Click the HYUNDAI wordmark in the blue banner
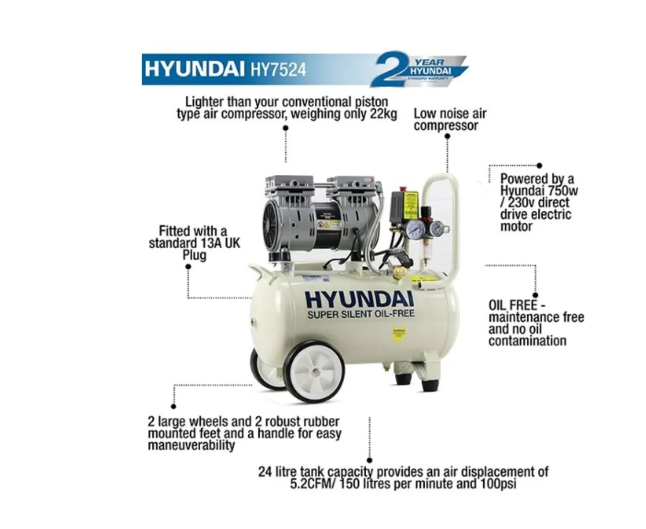tap(194, 70)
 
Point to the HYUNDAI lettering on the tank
tap(359, 299)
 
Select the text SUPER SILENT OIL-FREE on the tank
tap(361, 314)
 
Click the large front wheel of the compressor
tap(314, 371)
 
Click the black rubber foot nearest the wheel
tap(403, 379)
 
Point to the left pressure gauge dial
tap(416, 230)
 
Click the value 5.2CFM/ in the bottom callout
tap(317, 483)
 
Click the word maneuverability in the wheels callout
tap(191, 445)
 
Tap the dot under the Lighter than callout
tap(285, 128)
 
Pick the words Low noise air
tap(450, 114)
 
